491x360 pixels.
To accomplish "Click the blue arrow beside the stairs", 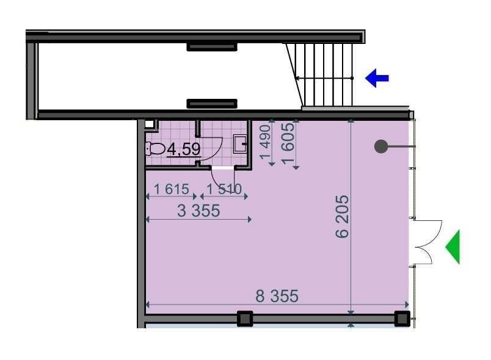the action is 377,78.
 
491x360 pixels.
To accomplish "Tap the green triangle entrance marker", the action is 453,247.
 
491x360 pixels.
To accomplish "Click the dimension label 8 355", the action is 277,296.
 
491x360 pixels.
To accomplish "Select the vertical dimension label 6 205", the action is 342,217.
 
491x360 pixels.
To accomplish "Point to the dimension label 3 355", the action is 198,211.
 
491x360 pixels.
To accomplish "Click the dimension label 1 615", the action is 172,189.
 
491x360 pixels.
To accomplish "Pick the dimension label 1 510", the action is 224,189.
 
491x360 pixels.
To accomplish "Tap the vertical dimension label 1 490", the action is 266,142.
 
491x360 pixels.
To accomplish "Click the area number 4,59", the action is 184,149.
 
